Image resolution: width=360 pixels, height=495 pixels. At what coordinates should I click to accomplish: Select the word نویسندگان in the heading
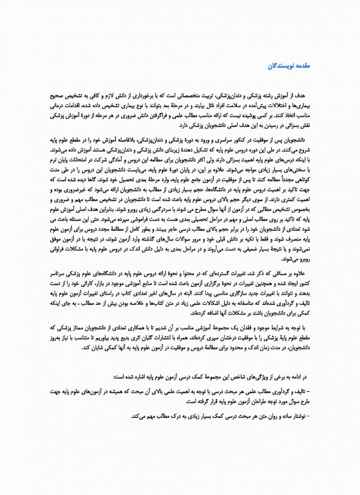point(280,66)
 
